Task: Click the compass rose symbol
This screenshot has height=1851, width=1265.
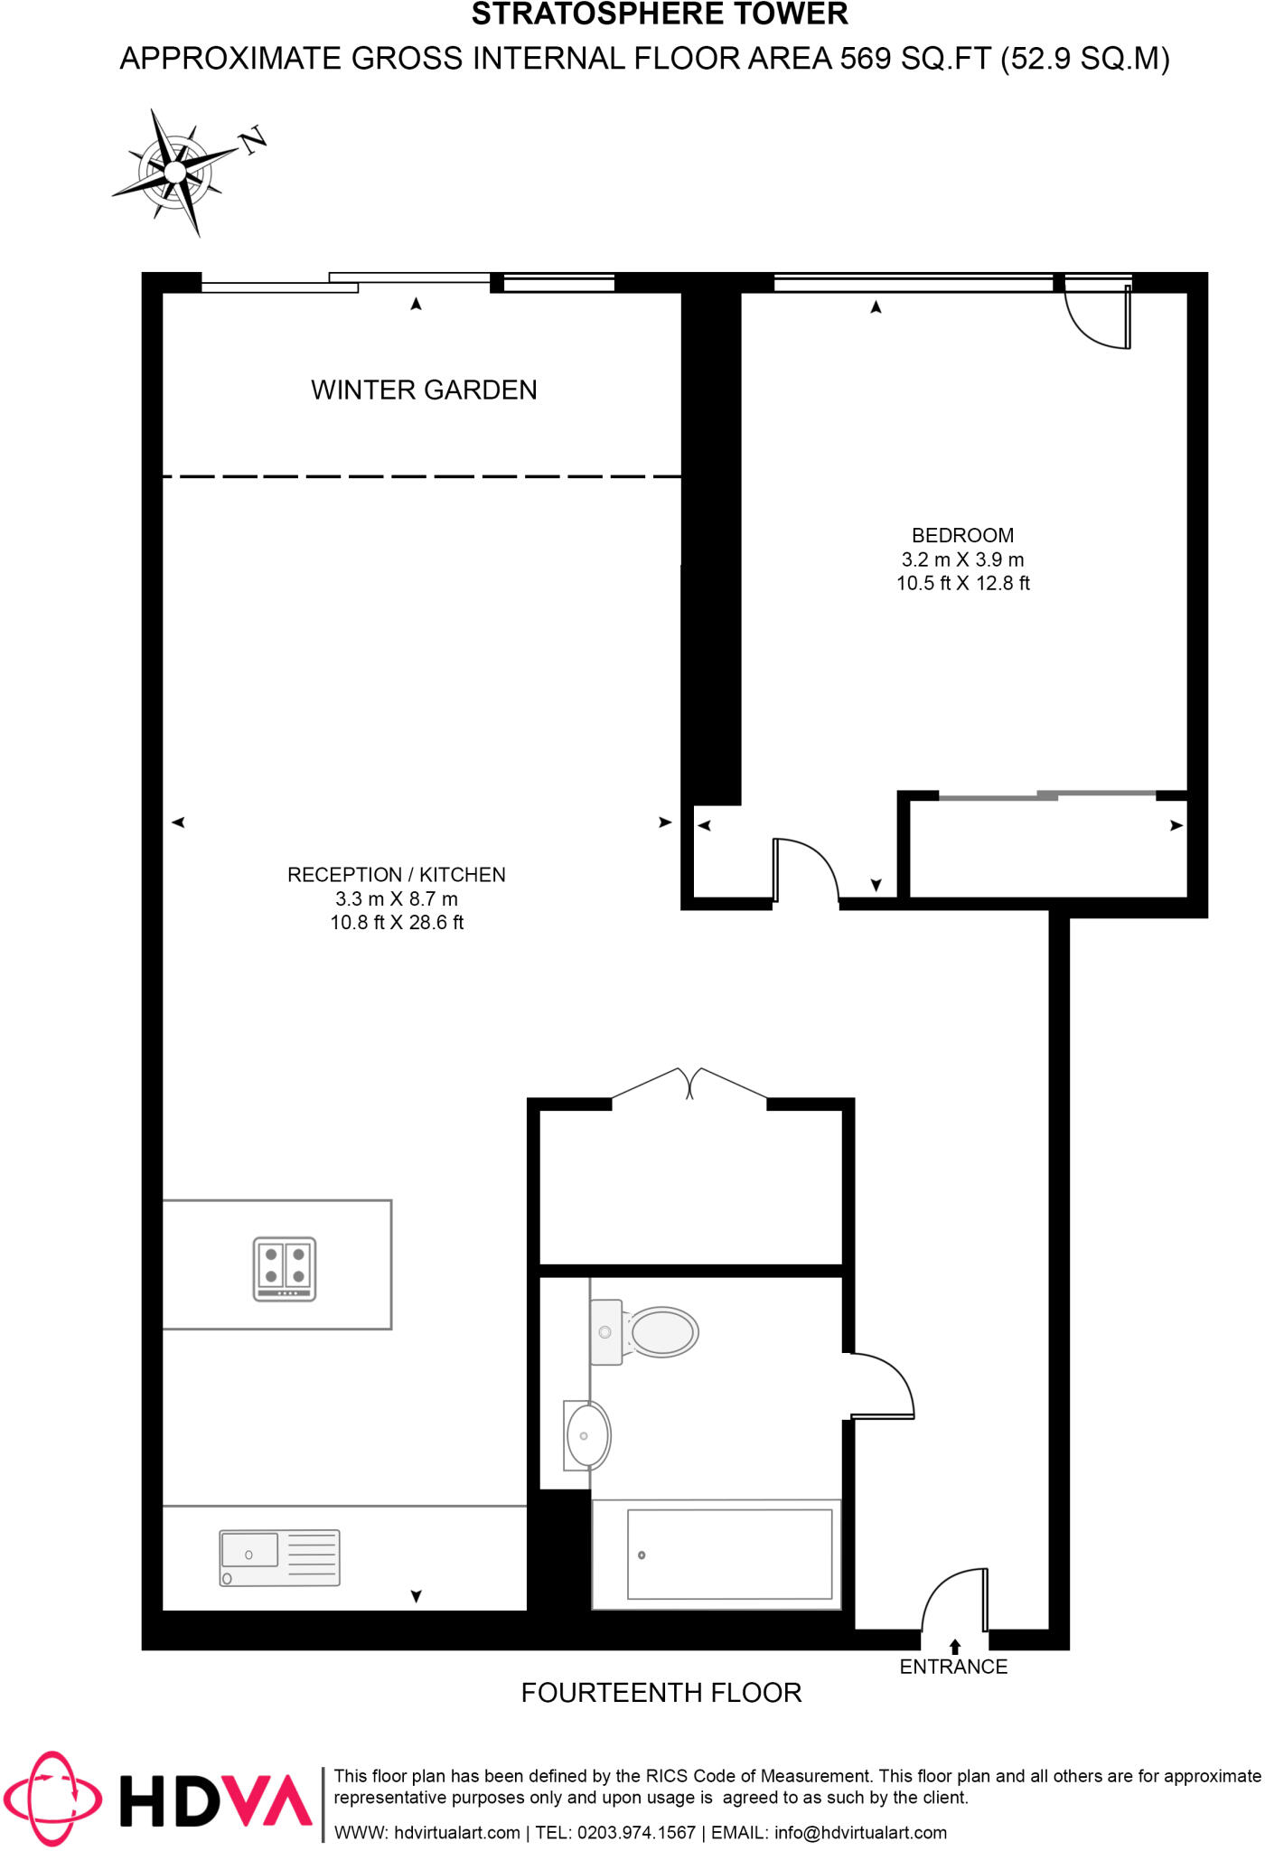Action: pyautogui.click(x=176, y=171)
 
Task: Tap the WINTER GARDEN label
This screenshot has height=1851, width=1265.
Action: pyautogui.click(x=424, y=390)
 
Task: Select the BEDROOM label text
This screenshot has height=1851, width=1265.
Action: pyautogui.click(x=962, y=535)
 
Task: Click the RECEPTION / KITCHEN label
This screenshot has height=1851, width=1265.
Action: pyautogui.click(x=396, y=875)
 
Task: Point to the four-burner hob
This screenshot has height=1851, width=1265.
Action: pyautogui.click(x=285, y=1268)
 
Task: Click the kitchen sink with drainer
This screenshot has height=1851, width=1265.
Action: pyautogui.click(x=279, y=1557)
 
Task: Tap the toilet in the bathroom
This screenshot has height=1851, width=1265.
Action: pyautogui.click(x=645, y=1332)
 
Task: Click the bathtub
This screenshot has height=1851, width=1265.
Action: pyautogui.click(x=728, y=1555)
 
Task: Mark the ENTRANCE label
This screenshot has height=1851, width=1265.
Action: pyautogui.click(x=953, y=1667)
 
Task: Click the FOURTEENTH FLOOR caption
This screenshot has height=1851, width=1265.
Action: pyautogui.click(x=661, y=1693)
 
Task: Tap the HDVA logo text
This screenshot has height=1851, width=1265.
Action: pyautogui.click(x=216, y=1799)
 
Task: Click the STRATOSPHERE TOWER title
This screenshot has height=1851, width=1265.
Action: pyautogui.click(x=660, y=14)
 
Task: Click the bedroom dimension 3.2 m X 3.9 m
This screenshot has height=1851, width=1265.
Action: pyautogui.click(x=962, y=559)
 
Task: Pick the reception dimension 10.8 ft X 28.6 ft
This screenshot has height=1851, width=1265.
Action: pyautogui.click(x=397, y=923)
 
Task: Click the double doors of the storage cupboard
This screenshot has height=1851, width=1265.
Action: pyautogui.click(x=689, y=1084)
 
